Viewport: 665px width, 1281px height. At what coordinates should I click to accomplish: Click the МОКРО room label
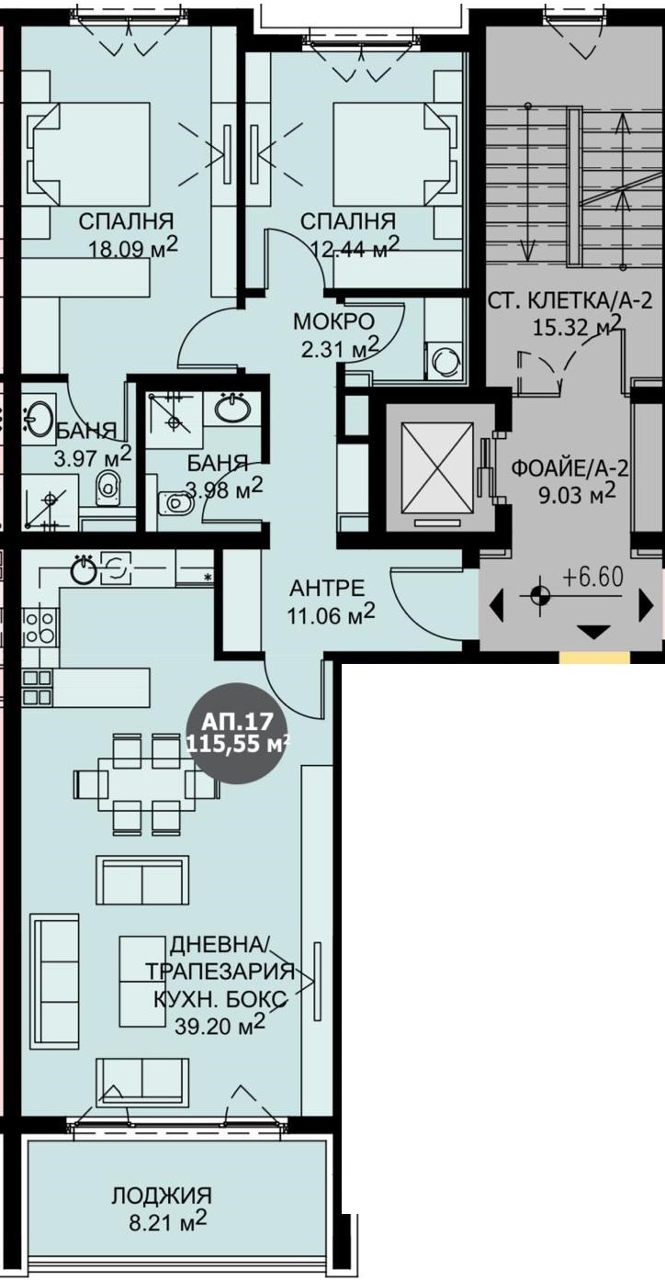click(x=334, y=321)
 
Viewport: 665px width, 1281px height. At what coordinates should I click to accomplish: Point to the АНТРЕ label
click(x=326, y=587)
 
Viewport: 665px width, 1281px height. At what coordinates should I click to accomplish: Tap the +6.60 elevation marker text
click(x=593, y=579)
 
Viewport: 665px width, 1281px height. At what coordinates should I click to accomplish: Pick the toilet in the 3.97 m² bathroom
click(x=107, y=488)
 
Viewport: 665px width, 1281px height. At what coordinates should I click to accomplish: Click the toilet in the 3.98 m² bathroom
click(x=175, y=503)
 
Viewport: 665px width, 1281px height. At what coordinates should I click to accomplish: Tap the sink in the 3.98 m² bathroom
click(x=232, y=409)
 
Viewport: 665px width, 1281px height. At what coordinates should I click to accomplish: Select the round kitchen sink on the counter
click(x=85, y=569)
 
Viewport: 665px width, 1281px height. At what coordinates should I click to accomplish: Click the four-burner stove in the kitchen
click(x=39, y=627)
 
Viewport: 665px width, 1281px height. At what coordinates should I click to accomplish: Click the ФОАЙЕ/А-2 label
click(x=569, y=469)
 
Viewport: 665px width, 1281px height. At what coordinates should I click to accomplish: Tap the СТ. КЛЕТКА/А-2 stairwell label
click(x=569, y=300)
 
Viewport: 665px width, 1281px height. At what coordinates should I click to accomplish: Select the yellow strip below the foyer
click(x=594, y=657)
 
